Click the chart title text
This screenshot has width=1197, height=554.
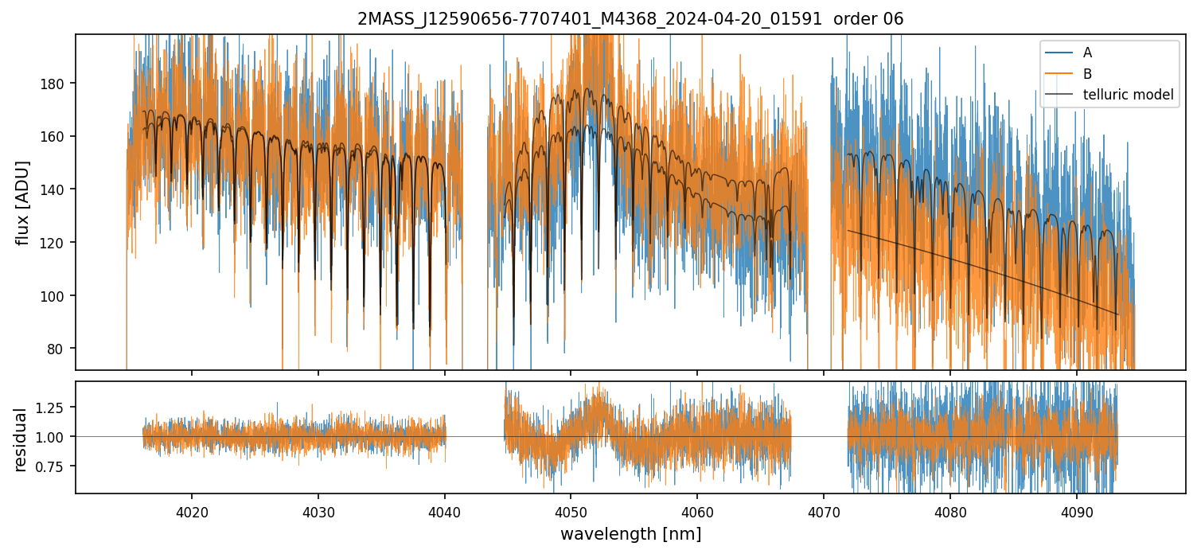pyautogui.click(x=630, y=19)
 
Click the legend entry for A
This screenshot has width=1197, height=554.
pyautogui.click(x=1087, y=53)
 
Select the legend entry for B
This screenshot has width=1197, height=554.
pyautogui.click(x=1087, y=74)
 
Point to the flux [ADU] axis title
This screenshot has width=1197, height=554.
pyautogui.click(x=23, y=202)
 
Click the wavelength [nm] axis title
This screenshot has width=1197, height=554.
pyautogui.click(x=630, y=533)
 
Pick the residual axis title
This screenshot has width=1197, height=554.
pyautogui.click(x=21, y=439)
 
